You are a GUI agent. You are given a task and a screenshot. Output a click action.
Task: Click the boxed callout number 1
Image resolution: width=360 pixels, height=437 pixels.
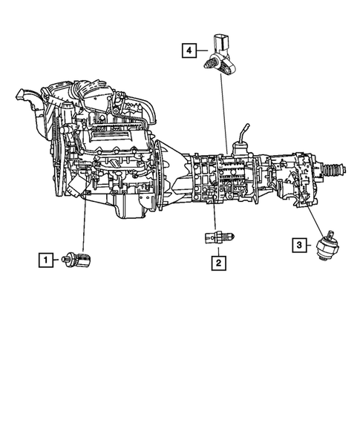tap(46, 260)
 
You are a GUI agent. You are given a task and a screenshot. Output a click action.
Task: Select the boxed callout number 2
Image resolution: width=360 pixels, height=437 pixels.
tap(218, 262)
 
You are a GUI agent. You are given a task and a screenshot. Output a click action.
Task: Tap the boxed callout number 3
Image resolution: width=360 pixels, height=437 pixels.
tap(299, 244)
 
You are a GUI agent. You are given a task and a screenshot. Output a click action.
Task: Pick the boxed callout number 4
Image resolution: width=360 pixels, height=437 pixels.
tap(190, 50)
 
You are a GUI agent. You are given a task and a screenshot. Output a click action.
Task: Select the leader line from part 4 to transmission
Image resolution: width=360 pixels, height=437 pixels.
tap(223, 111)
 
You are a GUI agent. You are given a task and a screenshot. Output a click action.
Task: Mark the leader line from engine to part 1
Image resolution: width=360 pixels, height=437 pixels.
tap(84, 230)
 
